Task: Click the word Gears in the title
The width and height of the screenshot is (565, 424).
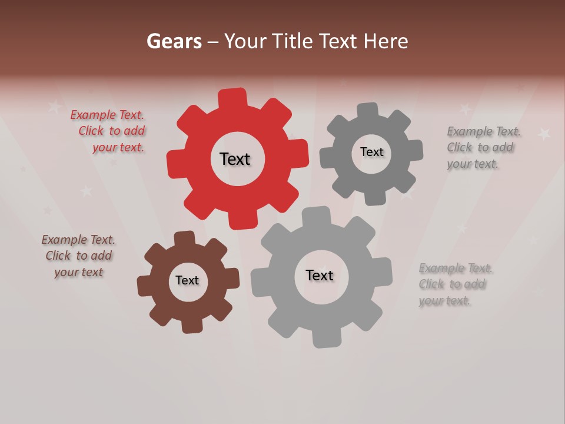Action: click(x=174, y=41)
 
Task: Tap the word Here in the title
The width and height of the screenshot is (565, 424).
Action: click(x=385, y=41)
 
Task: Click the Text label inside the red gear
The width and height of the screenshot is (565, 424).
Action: click(x=235, y=159)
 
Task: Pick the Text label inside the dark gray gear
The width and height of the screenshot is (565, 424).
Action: click(x=371, y=152)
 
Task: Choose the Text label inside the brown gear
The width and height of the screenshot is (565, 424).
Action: click(x=187, y=280)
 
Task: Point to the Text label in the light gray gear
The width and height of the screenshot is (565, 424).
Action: click(x=320, y=275)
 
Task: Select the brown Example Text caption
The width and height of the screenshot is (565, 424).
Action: click(x=78, y=256)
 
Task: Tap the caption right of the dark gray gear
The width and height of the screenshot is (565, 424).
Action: click(x=483, y=147)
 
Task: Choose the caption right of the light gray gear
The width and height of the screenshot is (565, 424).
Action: click(x=455, y=284)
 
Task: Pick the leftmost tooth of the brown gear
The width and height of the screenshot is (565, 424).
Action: click(x=145, y=286)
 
